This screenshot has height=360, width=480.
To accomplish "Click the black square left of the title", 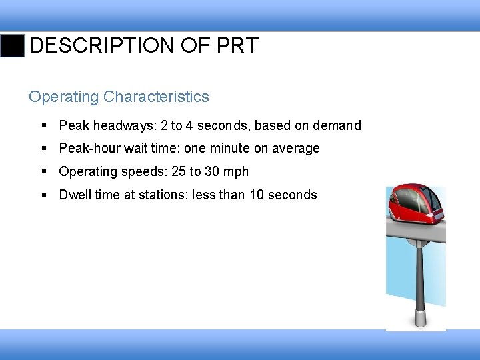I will [x=12, y=45].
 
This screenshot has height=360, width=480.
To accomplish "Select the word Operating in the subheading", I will [x=64, y=97].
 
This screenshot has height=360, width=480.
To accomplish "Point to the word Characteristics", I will [x=156, y=97].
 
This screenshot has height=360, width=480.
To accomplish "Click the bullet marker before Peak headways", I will [x=44, y=125].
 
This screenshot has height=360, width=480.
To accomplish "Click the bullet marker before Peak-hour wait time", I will [x=44, y=149].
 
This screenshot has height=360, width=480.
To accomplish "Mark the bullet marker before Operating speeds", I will [x=44, y=172].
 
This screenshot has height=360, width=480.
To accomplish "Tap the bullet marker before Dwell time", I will [x=44, y=195].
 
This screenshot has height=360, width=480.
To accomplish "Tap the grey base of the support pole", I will [x=421, y=317].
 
